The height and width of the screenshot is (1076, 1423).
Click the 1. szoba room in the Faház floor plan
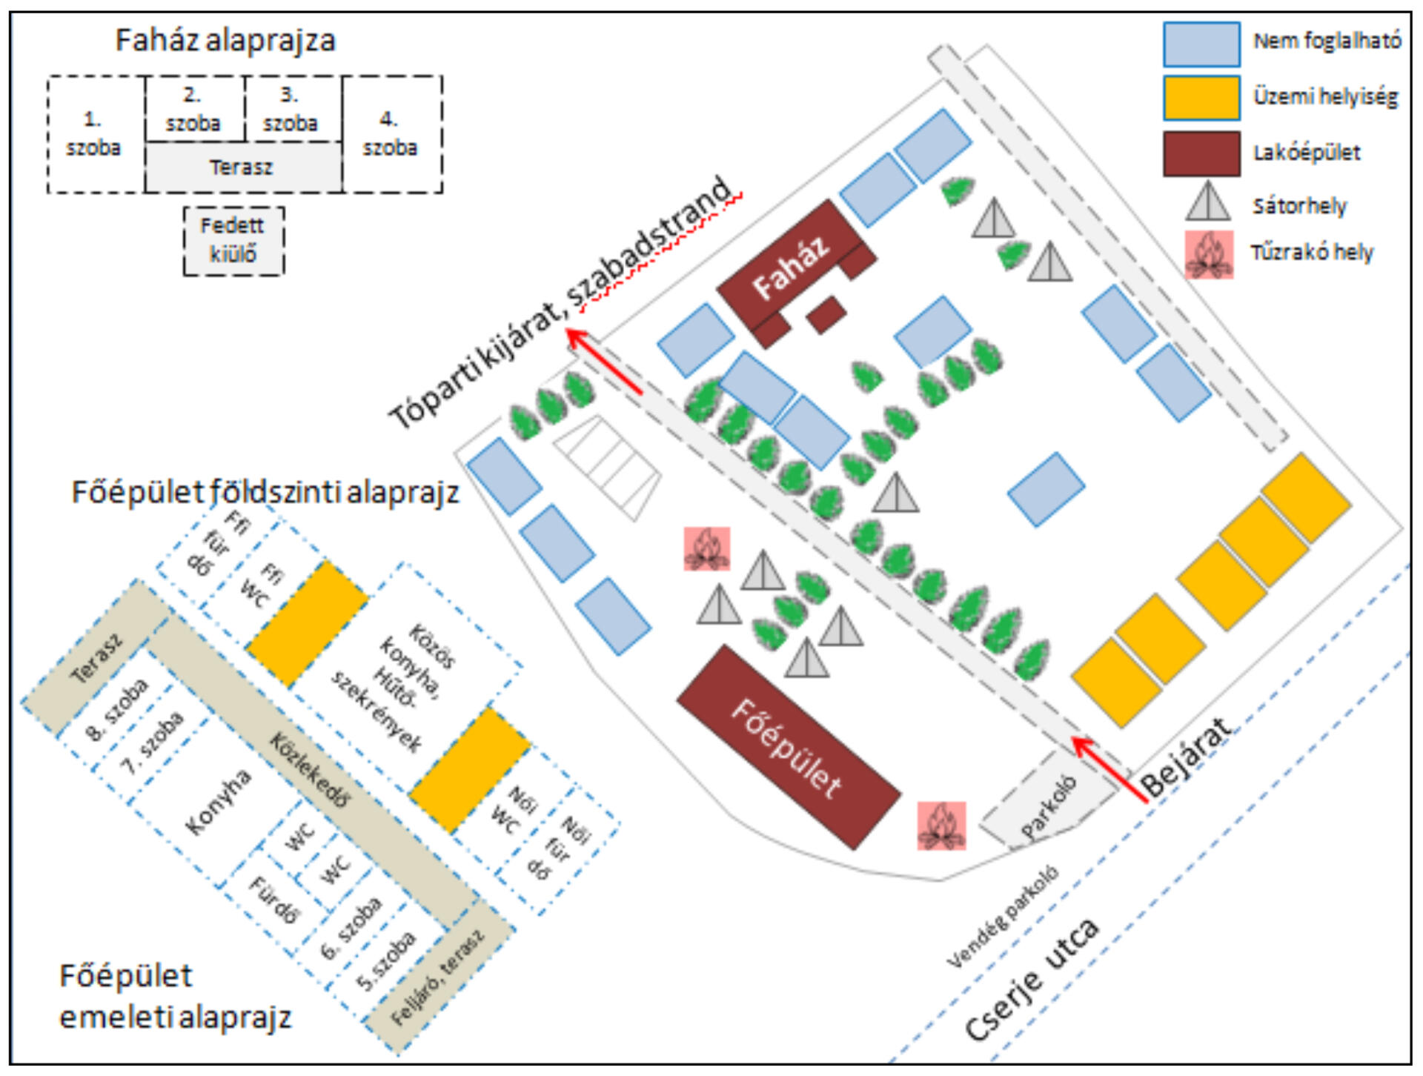coord(93,134)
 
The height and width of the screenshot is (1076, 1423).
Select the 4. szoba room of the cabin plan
coord(391,134)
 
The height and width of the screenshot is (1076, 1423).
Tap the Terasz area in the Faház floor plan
coord(242,167)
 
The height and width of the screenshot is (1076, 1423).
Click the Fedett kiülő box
coord(233,241)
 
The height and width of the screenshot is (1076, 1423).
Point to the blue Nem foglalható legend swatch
coord(1201,44)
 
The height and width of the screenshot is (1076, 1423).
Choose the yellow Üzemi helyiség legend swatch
coord(1201,98)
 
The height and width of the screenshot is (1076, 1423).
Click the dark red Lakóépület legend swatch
coord(1201,153)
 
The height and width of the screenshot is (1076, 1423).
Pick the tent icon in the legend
coord(1207,202)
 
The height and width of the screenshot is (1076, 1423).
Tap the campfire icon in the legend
coord(1208,254)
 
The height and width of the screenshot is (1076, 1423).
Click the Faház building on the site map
coord(792,267)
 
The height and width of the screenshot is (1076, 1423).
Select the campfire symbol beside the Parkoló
coord(941,825)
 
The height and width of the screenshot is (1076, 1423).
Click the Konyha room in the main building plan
coord(218,802)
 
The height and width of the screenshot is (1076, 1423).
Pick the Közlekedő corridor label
coord(311,771)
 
